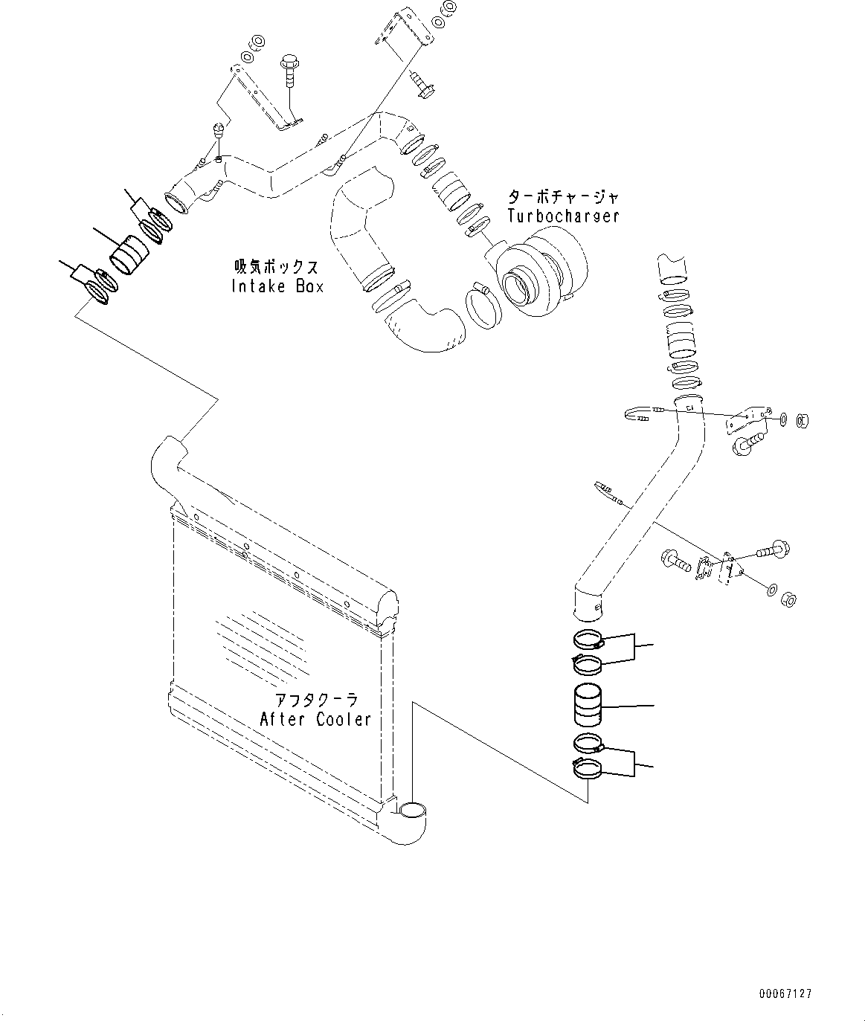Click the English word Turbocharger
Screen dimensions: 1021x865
pos(563,216)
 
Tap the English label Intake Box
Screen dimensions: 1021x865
pos(278,286)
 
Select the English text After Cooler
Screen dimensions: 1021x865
pos(315,719)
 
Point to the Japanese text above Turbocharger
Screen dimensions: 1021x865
pos(563,197)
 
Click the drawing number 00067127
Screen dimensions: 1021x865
pos(785,993)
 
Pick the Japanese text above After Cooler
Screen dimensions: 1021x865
pos(316,700)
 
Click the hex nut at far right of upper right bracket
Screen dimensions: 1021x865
pos(802,421)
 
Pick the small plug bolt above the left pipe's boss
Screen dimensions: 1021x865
pos(219,132)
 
